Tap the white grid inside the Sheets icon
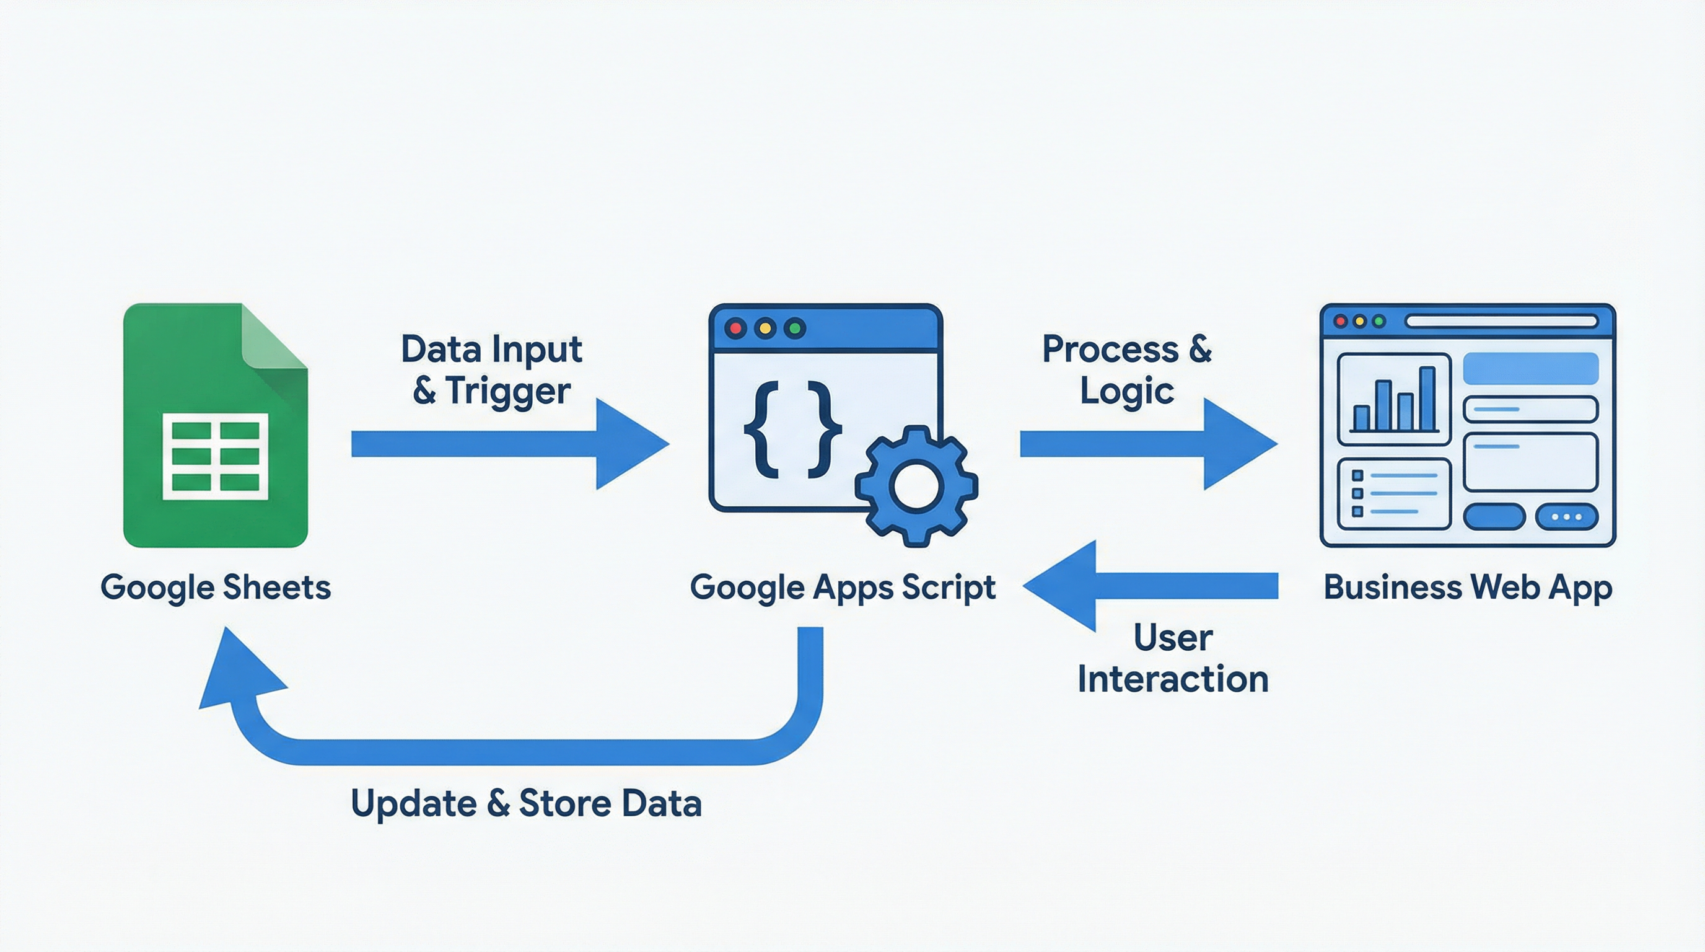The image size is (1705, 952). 215,456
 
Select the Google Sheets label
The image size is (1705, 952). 215,587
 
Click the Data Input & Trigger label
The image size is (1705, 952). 491,369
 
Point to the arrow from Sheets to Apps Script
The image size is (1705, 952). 503,444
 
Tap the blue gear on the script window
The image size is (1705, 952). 916,486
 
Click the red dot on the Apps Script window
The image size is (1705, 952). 735,328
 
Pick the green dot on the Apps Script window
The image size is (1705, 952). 794,328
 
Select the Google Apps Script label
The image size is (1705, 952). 842,587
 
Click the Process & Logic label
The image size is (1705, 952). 1126,369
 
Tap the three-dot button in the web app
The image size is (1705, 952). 1566,516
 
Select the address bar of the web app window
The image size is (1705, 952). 1501,322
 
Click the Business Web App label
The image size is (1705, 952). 1467,587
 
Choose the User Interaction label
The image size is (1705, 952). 1173,658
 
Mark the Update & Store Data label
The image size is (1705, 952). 526,804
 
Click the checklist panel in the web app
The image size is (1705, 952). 1394,494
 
